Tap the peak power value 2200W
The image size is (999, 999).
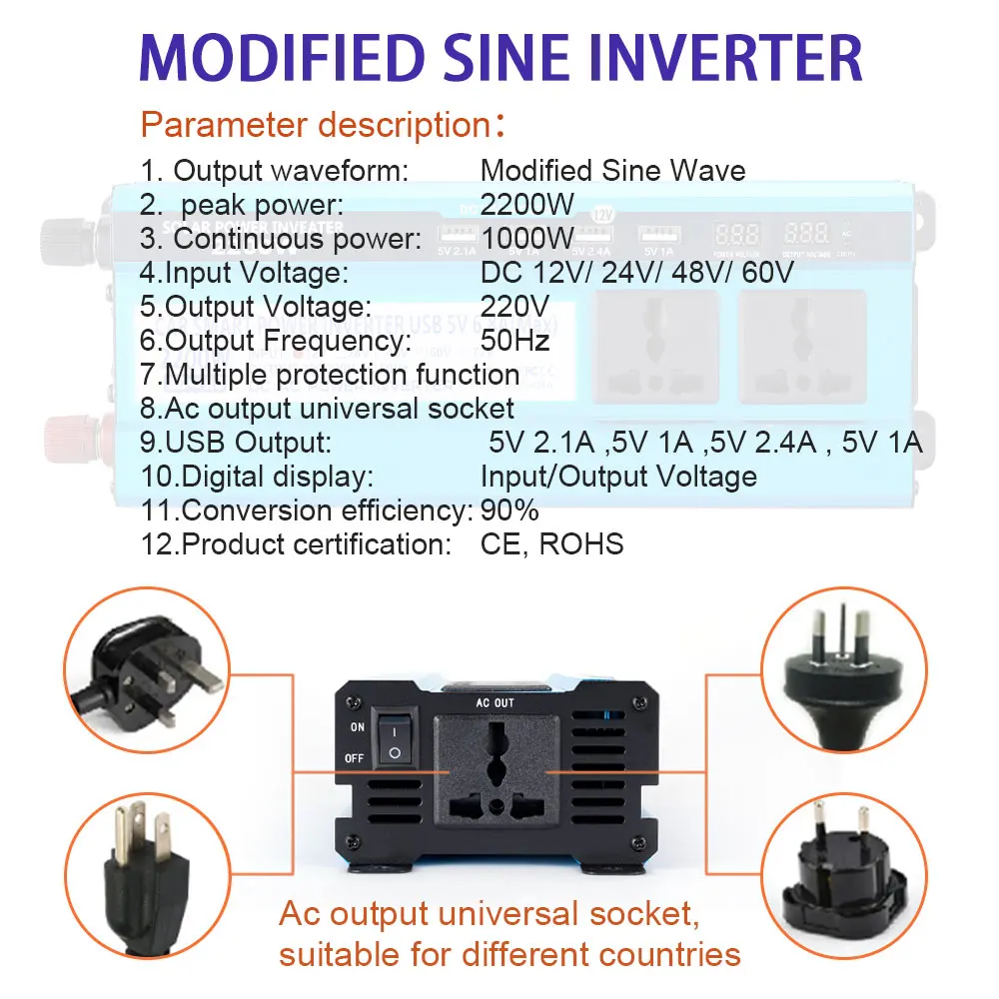[x=527, y=205]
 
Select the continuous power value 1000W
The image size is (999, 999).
[x=527, y=239]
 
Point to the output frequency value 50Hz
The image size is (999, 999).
[x=515, y=341]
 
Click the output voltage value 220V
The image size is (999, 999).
[x=515, y=307]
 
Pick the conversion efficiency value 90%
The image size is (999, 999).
[x=509, y=510]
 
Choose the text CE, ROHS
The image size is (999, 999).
[x=551, y=544]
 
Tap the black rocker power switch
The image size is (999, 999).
[x=394, y=741]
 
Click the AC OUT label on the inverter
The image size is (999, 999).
[x=496, y=703]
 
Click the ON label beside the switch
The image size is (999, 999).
[x=357, y=727]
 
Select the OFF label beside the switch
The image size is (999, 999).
[x=355, y=758]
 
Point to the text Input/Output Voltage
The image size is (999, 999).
[x=618, y=477]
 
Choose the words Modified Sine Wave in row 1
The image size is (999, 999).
[x=612, y=171]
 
